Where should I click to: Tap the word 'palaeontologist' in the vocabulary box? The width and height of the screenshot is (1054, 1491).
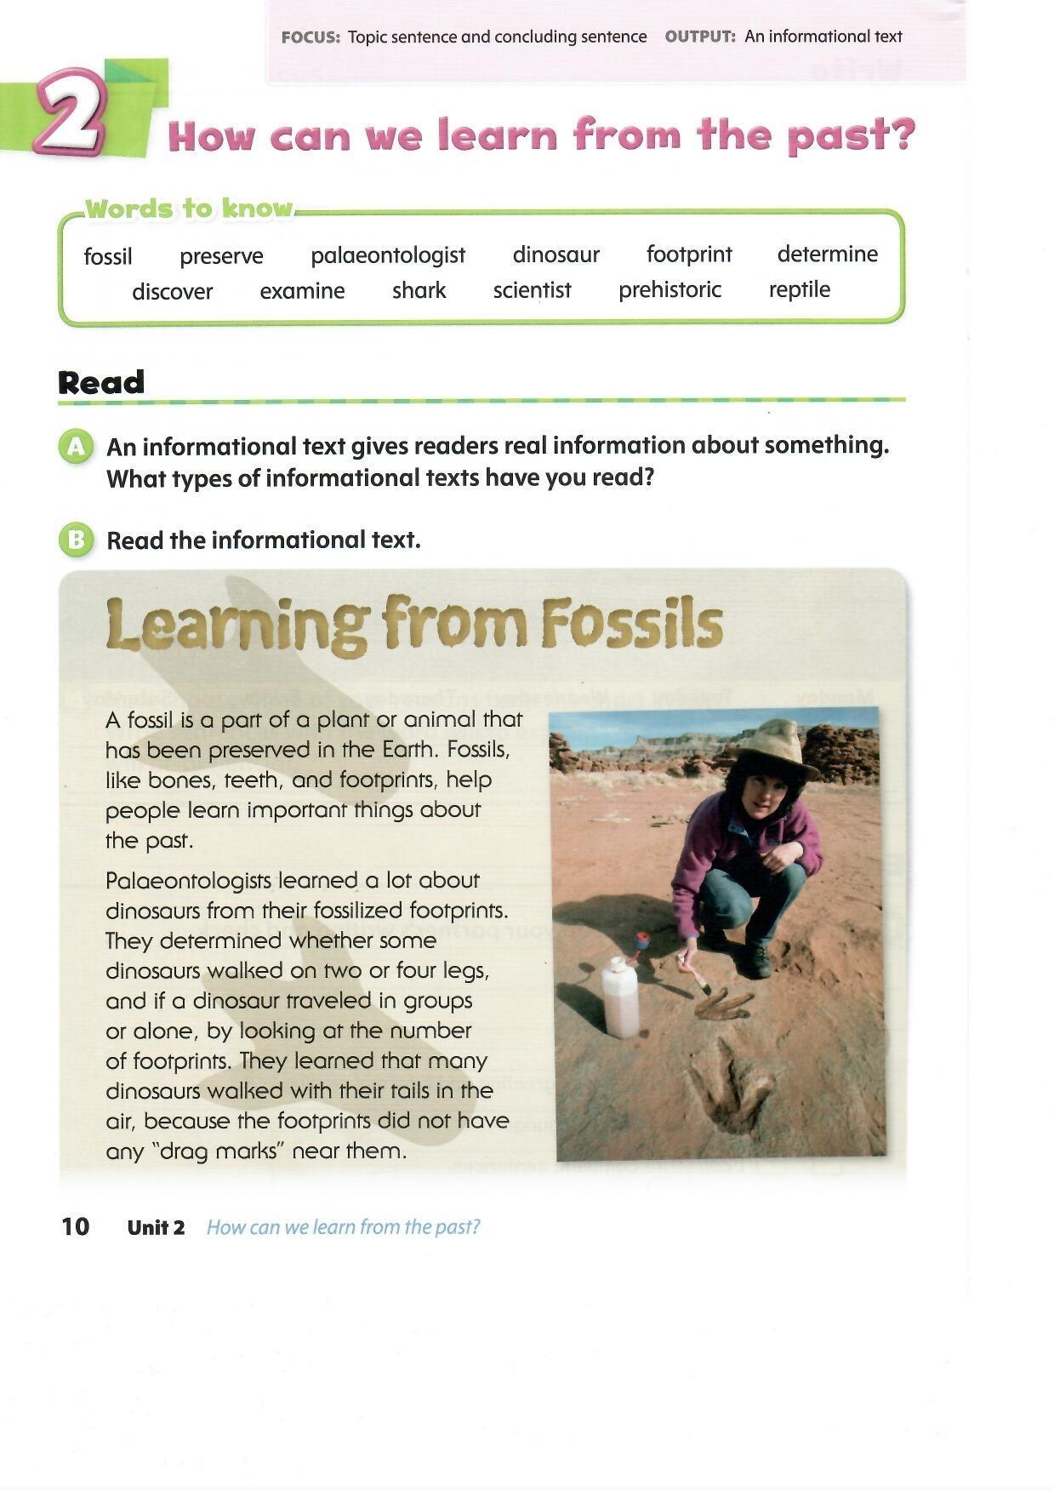388,255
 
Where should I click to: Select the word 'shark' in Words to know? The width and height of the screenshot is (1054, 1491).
419,290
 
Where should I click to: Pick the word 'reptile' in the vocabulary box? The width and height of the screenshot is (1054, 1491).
799,289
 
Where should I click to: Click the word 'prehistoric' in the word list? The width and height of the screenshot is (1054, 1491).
669,289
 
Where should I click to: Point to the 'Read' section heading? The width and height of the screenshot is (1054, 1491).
101,382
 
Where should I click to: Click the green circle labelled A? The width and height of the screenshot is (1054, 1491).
76,446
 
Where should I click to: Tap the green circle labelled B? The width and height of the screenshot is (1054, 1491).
76,540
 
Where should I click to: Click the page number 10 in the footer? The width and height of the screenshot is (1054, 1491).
75,1226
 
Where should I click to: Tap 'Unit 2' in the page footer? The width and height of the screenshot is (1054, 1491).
156,1227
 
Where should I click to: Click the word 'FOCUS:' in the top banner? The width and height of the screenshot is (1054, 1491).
311,37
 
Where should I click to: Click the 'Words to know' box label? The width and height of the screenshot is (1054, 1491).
189,209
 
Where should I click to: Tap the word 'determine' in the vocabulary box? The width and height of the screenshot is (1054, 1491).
827,254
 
